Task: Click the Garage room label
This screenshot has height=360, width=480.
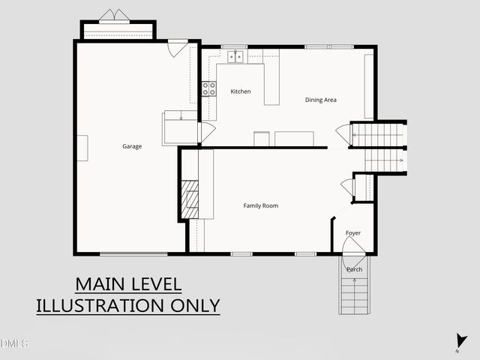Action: [x=132, y=146]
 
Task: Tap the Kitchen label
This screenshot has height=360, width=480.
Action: [x=241, y=91]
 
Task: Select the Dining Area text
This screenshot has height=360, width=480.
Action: [x=320, y=100]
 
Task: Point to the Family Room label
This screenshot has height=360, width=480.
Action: [x=261, y=205]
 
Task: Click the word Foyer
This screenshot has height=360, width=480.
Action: [x=353, y=233]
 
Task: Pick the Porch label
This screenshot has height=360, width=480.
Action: [x=355, y=269]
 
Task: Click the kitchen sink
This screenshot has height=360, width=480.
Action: [x=237, y=56]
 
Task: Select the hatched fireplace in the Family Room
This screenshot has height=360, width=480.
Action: [x=190, y=199]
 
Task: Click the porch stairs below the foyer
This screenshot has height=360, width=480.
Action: [x=355, y=295]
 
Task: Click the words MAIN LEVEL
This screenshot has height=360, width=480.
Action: [x=128, y=285]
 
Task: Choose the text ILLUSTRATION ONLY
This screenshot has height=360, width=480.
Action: [x=128, y=305]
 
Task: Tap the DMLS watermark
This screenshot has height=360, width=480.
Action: [x=14, y=343]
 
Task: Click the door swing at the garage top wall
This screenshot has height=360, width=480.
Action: [x=177, y=48]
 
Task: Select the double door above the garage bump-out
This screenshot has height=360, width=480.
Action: [x=115, y=16]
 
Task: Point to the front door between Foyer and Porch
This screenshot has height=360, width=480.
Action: [x=349, y=260]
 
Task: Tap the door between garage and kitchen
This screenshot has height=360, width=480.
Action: [x=205, y=132]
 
